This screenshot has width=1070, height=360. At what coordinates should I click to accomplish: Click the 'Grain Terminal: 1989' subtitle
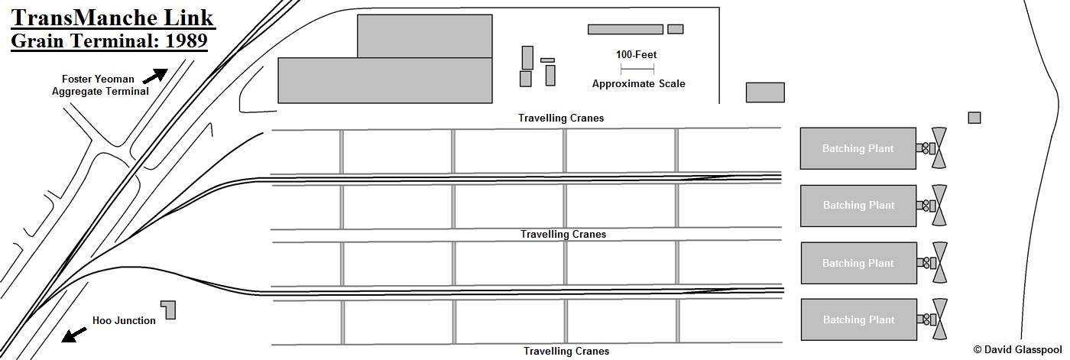coord(109,41)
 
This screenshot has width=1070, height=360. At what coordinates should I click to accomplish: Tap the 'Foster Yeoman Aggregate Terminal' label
coord(99,85)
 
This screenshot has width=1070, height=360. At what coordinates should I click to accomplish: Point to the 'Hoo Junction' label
coord(124,321)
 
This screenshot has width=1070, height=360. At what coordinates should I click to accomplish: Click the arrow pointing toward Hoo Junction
coord(74,335)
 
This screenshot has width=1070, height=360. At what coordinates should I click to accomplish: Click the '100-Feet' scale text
coord(636,55)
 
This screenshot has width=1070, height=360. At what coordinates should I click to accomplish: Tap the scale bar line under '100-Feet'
coord(636,70)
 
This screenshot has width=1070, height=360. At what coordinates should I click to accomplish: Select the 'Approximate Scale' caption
coord(638,84)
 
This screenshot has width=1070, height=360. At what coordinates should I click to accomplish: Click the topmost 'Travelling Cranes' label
coord(560,118)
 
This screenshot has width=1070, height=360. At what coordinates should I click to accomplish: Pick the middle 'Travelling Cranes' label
coord(563,235)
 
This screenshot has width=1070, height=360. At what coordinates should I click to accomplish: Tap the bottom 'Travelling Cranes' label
coord(566,352)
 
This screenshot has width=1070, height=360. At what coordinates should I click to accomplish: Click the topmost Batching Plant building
coord(858,148)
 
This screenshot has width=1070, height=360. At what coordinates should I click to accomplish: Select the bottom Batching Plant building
coord(858,319)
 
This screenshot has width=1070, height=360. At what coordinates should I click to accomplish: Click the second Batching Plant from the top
coord(858,206)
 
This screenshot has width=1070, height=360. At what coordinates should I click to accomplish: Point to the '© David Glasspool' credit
coord(1016,349)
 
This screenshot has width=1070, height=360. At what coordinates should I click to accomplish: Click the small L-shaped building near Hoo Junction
coord(168,309)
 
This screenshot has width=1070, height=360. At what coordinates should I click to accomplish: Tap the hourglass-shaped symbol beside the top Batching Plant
coord(939,148)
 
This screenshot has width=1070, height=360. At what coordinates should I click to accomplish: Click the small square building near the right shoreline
coord(974,118)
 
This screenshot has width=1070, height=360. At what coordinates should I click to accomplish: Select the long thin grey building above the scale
coord(625,30)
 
